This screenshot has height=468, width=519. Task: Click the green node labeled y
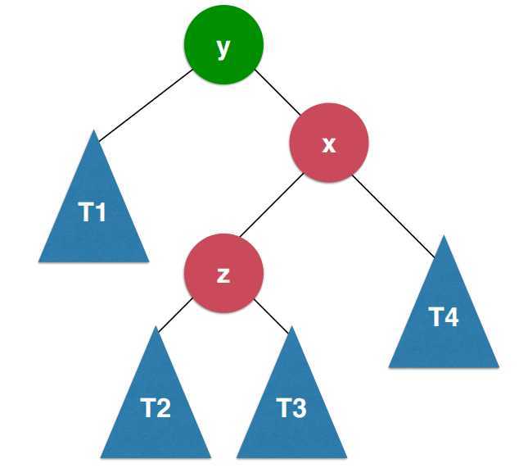(x=223, y=48)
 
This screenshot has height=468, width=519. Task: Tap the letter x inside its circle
(x=329, y=144)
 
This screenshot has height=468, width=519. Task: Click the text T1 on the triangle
(x=93, y=214)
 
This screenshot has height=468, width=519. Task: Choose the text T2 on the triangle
(x=156, y=407)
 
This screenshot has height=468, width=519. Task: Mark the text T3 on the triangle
(x=292, y=407)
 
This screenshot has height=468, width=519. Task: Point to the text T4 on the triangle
(x=445, y=317)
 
